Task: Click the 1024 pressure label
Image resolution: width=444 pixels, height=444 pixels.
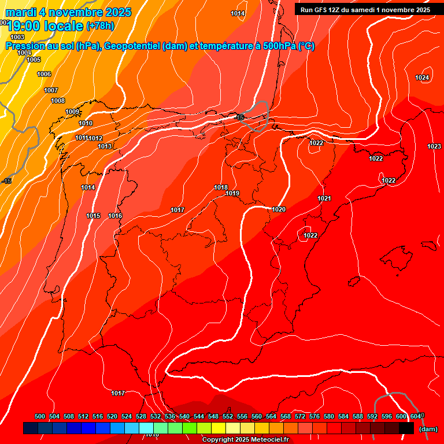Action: tap(422, 77)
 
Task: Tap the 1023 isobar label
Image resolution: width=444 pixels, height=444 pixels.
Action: tap(434, 146)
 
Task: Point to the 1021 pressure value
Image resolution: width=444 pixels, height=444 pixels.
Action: tap(324, 198)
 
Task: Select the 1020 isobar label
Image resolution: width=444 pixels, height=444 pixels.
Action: tap(279, 209)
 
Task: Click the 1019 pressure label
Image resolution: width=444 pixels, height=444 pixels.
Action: tap(232, 193)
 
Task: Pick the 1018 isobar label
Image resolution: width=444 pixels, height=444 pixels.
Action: tap(221, 187)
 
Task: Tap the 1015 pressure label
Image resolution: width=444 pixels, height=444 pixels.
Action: tap(94, 216)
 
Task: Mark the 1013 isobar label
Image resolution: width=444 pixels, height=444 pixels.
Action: tap(105, 146)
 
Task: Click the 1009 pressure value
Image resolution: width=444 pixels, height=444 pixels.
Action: tap(72, 112)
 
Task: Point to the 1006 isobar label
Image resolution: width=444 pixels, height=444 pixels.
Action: tap(44, 74)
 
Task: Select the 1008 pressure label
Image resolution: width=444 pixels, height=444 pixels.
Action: tap(58, 101)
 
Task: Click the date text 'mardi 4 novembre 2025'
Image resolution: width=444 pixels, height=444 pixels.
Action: tap(68, 12)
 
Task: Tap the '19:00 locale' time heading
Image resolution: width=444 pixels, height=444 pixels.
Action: tap(45, 26)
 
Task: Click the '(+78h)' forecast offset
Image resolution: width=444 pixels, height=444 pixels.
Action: tap(100, 26)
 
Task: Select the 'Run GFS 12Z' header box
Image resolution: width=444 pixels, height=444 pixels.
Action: tap(365, 10)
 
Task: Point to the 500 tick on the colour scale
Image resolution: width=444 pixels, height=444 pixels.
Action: tap(40, 416)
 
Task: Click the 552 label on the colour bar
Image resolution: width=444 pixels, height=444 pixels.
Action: tap(228, 416)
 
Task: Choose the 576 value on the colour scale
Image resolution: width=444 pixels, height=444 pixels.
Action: tap(314, 416)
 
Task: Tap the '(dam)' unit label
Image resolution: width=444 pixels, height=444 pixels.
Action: tap(428, 428)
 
